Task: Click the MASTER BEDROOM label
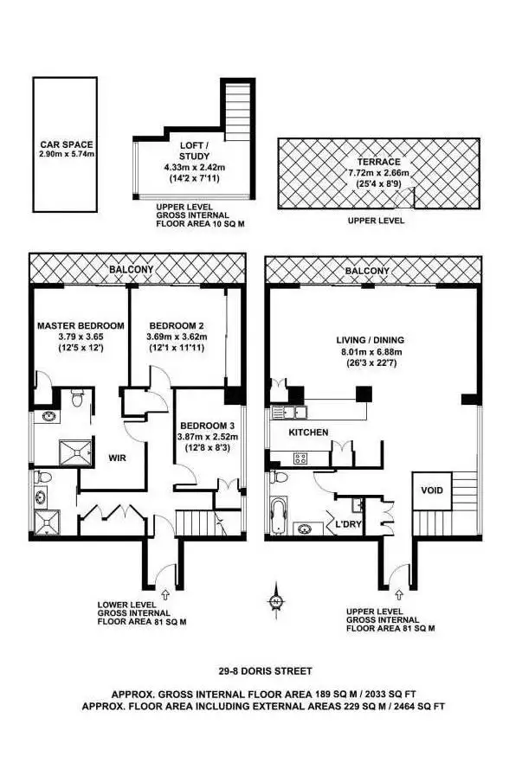[x=81, y=325]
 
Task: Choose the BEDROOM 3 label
[x=207, y=426]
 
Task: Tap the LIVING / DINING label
[x=370, y=340]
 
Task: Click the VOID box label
[x=431, y=490]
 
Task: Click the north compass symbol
[x=275, y=600]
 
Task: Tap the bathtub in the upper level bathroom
[x=279, y=516]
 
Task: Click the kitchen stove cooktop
[x=304, y=458]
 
